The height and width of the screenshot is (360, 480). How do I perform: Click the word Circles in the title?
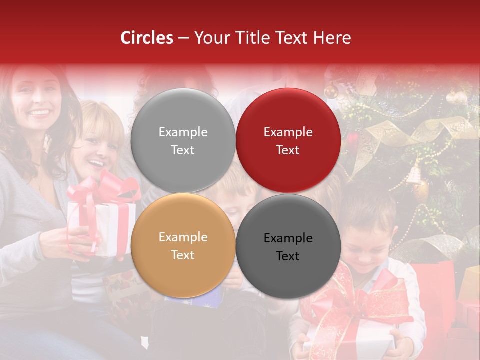[147, 38]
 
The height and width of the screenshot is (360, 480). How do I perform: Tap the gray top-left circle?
[183, 140]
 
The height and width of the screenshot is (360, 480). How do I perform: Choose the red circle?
[288, 140]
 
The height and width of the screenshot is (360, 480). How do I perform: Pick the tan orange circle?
[183, 246]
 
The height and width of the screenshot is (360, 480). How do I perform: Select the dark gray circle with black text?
[288, 246]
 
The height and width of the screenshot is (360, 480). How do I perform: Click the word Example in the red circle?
[288, 132]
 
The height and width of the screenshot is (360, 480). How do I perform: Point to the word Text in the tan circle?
[183, 255]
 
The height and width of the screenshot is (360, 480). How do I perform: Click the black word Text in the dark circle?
[288, 256]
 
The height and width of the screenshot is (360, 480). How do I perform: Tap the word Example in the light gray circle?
[183, 132]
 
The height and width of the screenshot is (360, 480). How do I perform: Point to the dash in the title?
[183, 38]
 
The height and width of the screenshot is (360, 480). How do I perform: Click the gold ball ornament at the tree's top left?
[331, 91]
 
